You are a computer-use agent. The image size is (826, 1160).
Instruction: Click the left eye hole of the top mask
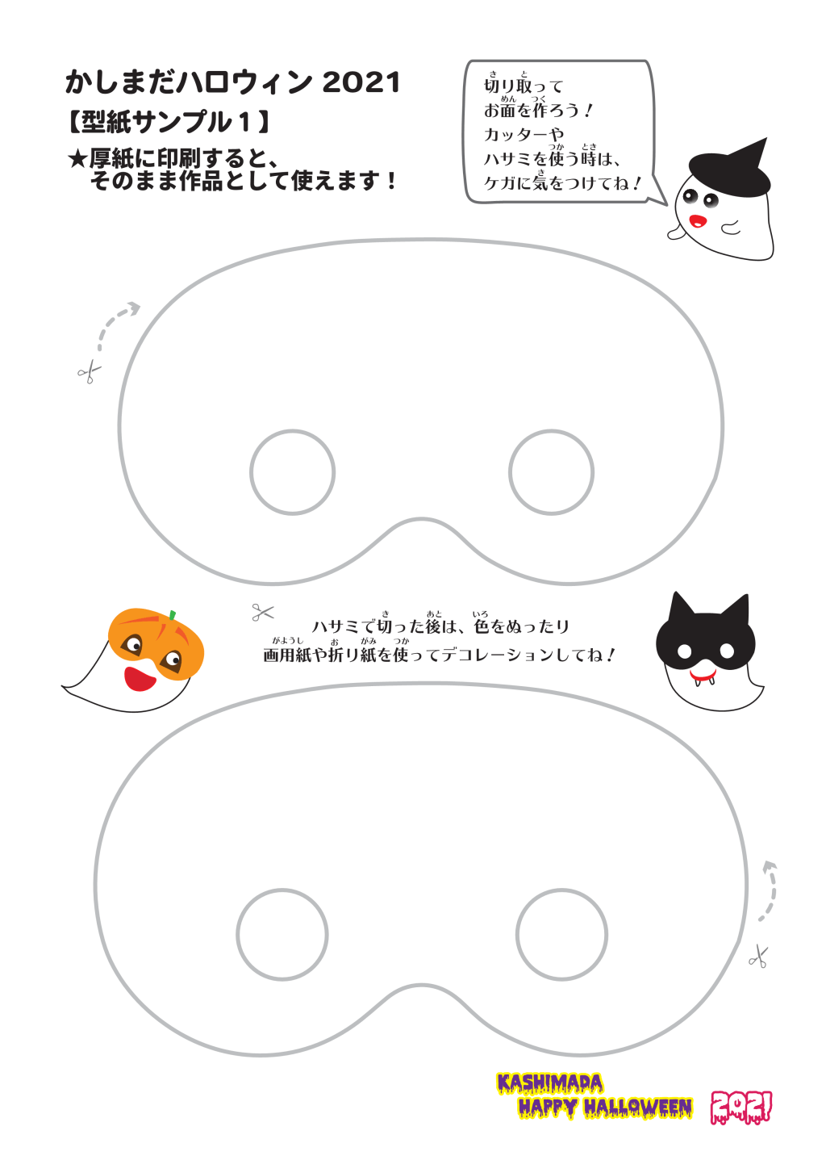[251, 472]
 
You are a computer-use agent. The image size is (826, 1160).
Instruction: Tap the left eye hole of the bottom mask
[237, 934]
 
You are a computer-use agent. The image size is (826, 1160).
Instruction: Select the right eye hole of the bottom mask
[517, 934]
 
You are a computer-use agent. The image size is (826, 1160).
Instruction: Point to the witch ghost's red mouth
[699, 221]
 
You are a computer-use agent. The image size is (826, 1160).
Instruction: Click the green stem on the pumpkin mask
[172, 615]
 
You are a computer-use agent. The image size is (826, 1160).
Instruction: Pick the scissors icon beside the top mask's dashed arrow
[89, 372]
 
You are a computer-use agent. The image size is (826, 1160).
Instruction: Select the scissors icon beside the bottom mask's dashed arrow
[759, 956]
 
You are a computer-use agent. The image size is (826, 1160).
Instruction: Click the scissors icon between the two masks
[262, 613]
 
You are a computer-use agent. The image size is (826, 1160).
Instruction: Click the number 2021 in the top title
[361, 82]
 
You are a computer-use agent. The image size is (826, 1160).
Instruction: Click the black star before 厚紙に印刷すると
[77, 159]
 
